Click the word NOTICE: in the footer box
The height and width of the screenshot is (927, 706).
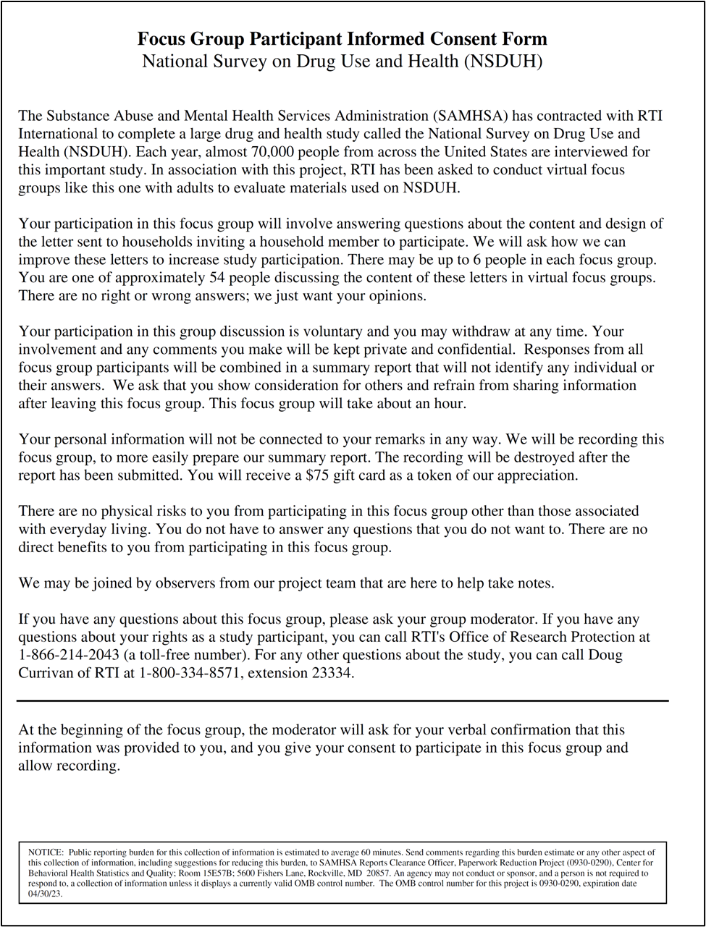(x=46, y=853)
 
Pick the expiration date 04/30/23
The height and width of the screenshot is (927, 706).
(x=42, y=894)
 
